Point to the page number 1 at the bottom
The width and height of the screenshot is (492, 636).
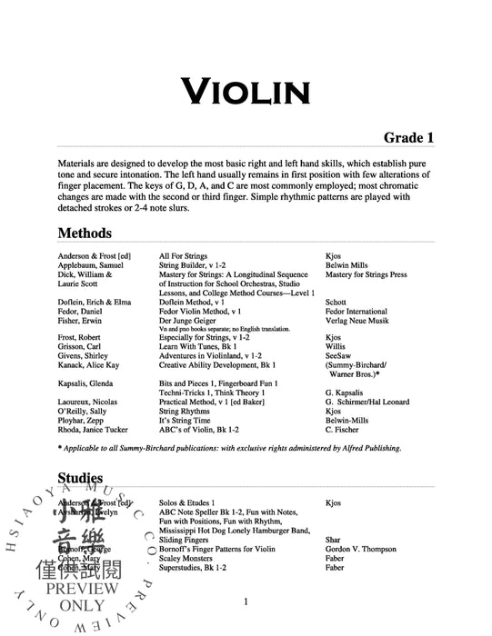pos(246,601)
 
